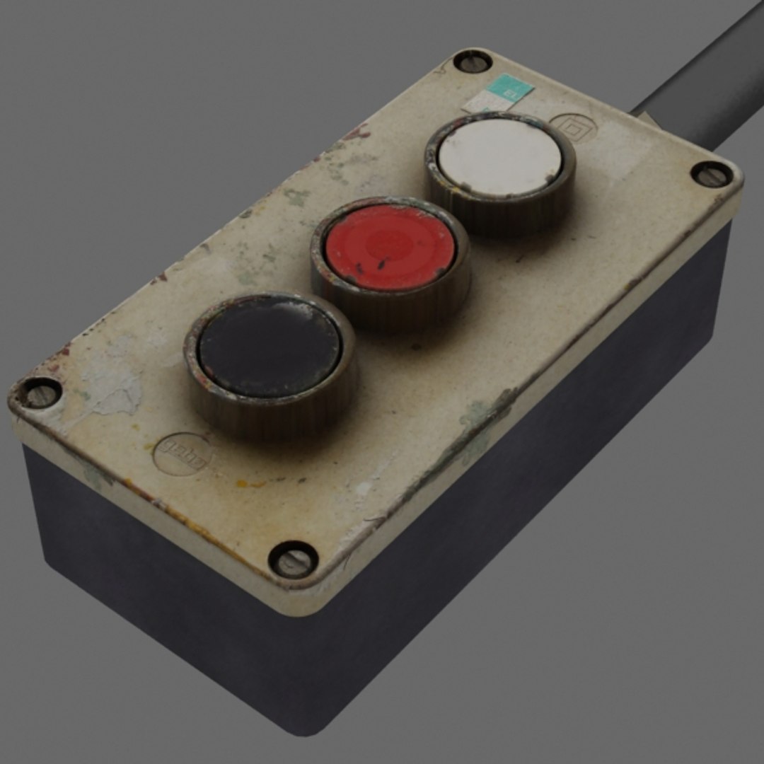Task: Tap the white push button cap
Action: pyautogui.click(x=499, y=156)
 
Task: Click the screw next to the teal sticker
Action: pyautogui.click(x=472, y=62)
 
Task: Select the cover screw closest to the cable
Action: pyautogui.click(x=712, y=174)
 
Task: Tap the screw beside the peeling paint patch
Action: pyautogui.click(x=39, y=392)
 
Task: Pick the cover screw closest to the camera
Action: pyautogui.click(x=293, y=558)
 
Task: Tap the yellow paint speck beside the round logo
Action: pyautogui.click(x=244, y=485)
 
